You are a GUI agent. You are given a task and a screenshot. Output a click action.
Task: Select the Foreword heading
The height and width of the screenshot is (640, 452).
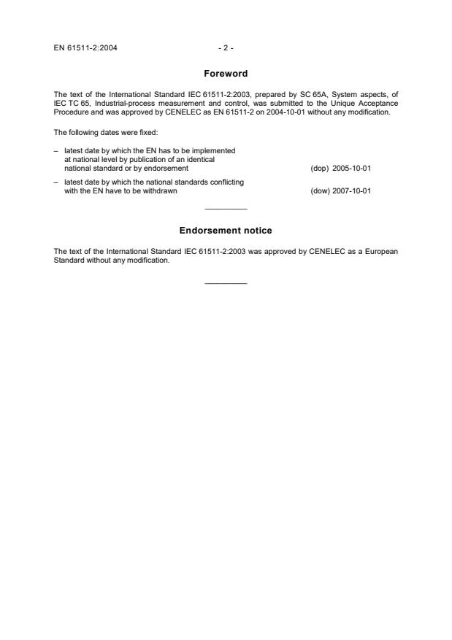click(226, 74)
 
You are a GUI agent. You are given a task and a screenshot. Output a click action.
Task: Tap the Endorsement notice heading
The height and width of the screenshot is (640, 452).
click(226, 231)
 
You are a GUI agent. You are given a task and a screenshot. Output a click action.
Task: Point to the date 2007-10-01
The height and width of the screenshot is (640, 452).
click(351, 191)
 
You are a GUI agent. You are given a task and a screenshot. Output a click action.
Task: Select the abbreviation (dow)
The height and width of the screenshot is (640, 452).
click(320, 191)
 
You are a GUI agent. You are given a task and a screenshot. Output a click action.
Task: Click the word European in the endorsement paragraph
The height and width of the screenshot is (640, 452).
click(380, 250)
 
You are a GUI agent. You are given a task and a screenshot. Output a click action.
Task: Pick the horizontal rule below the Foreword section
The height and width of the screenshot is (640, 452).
click(226, 209)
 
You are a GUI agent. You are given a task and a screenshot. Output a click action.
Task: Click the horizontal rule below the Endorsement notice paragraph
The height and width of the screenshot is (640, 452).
click(226, 283)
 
